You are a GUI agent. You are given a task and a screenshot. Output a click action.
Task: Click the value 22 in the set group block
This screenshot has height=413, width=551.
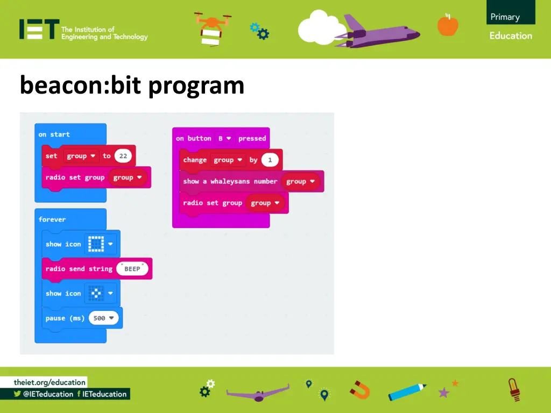point(123,156)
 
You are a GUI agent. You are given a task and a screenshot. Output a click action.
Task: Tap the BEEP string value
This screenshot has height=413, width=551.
point(132,268)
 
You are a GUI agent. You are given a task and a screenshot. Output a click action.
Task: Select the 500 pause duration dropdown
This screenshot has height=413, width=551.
point(103,318)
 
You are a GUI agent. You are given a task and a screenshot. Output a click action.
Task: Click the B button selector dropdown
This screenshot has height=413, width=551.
point(224,138)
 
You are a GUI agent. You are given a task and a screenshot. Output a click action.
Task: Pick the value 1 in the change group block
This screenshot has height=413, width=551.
point(270,160)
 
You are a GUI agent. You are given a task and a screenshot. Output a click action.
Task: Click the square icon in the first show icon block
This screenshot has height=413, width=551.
point(96,244)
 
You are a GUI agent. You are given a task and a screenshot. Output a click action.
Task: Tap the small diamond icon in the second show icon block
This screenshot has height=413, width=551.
point(96,293)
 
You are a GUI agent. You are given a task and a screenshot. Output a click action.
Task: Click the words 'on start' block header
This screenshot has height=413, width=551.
point(54,134)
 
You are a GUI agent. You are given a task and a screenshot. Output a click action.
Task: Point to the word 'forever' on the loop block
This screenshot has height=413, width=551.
point(52,219)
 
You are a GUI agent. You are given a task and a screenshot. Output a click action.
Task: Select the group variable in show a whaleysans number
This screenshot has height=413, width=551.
point(300,181)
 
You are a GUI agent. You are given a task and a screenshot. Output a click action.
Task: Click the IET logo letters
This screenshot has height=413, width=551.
point(39,30)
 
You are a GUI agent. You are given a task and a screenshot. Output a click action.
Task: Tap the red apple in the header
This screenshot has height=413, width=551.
point(448,25)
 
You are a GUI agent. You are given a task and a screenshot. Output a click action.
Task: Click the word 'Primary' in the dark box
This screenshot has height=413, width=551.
point(505,17)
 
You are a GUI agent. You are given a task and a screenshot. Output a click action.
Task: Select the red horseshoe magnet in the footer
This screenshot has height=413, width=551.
point(360,389)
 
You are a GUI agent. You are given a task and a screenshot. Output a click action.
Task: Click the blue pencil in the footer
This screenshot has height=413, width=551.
point(407,391)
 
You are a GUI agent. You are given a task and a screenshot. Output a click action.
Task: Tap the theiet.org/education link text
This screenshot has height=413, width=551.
point(50,382)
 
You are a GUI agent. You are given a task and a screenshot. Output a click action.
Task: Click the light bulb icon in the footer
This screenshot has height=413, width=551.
point(514,389)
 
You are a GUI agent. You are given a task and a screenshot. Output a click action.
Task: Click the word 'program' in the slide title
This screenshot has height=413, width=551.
point(196,86)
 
